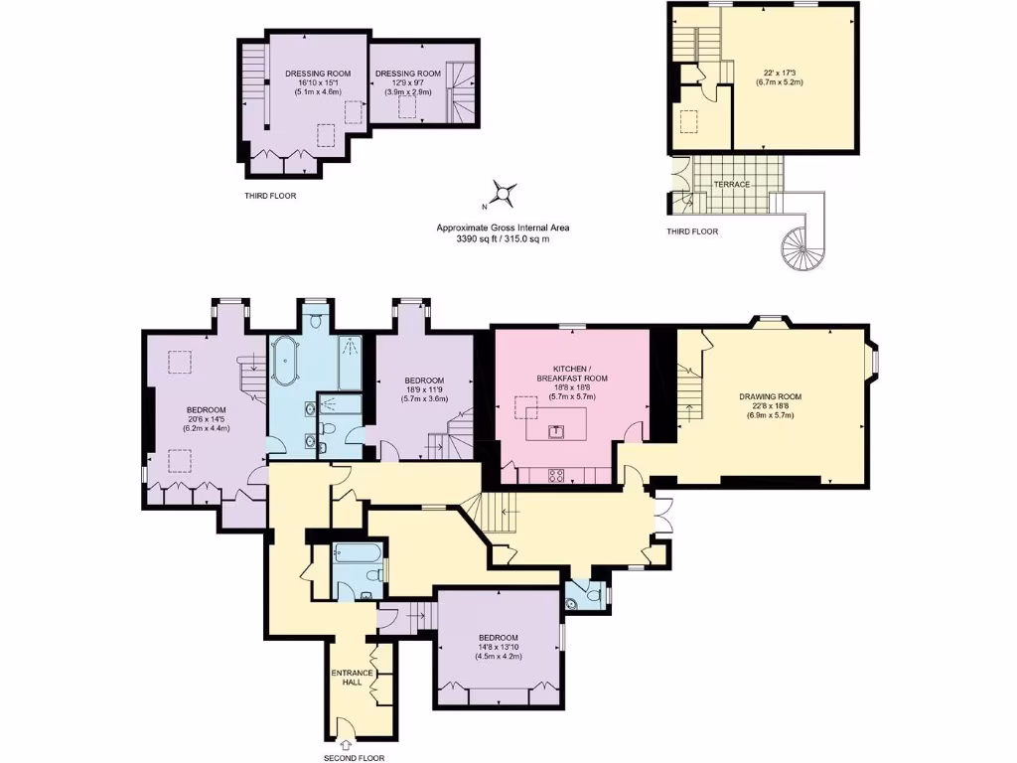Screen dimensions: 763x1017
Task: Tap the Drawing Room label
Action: point(770,396)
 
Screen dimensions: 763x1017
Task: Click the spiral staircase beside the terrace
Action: point(801,243)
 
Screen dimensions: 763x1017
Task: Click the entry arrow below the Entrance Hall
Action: point(346,743)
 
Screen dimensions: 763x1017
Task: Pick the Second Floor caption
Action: point(354,758)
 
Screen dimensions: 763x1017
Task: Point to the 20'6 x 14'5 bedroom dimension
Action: point(207,420)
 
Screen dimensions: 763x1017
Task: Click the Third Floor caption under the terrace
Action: point(693,231)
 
